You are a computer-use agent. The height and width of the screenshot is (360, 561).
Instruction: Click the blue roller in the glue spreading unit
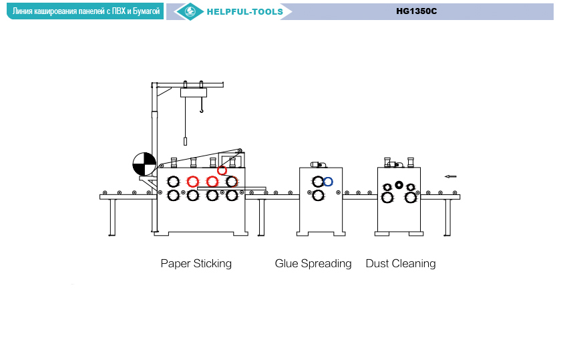pyautogui.click(x=327, y=181)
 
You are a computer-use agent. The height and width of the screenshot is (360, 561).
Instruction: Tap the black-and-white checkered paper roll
pyautogui.click(x=144, y=163)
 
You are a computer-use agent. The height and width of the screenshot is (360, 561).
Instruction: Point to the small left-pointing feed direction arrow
pyautogui.click(x=451, y=176)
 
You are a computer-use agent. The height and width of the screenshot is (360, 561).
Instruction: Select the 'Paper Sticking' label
pyautogui.click(x=196, y=263)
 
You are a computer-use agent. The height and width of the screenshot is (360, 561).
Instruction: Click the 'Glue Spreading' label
pyautogui.click(x=313, y=263)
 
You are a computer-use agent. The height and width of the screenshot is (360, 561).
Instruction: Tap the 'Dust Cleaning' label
pyautogui.click(x=400, y=263)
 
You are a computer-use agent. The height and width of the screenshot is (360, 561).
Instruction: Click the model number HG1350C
pyautogui.click(x=416, y=11)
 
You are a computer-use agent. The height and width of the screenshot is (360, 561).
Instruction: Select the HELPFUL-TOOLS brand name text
pyautogui.click(x=244, y=11)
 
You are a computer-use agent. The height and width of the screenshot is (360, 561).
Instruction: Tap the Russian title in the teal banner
pyautogui.click(x=85, y=11)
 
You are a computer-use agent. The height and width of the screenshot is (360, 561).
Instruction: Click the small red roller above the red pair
pyautogui.click(x=222, y=170)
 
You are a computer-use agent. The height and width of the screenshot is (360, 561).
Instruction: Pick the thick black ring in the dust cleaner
pyautogui.click(x=399, y=185)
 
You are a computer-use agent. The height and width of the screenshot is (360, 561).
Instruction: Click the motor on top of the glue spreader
pyautogui.click(x=317, y=164)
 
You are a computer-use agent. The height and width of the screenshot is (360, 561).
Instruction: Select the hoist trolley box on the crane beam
pyautogui.click(x=194, y=93)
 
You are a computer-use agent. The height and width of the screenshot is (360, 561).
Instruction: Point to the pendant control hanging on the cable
pyautogui.click(x=185, y=142)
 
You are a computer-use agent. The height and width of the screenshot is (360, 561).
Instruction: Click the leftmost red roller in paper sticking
pyautogui.click(x=193, y=181)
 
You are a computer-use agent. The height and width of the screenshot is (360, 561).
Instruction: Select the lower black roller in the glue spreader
pyautogui.click(x=319, y=195)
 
